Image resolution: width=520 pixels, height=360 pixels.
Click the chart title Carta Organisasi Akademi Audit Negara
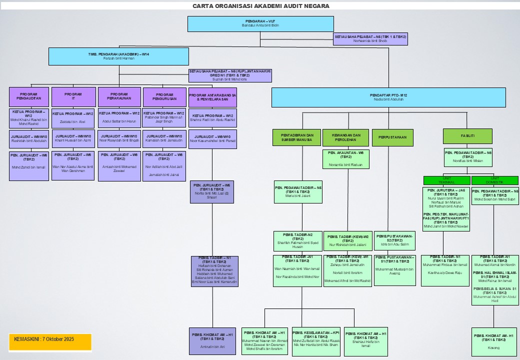[x=261, y=6]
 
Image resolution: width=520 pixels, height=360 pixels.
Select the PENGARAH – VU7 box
[x=260, y=23]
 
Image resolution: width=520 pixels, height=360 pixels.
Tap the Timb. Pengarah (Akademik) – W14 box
[x=118, y=56]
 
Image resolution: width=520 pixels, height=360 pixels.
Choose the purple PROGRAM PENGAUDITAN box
[x=29, y=96]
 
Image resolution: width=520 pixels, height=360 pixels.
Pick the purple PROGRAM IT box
[x=73, y=96]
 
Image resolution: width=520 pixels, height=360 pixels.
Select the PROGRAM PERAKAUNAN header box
[x=119, y=96]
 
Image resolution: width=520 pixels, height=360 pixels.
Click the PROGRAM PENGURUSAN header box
[x=164, y=96]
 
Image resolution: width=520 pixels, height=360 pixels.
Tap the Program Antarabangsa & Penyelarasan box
[x=212, y=96]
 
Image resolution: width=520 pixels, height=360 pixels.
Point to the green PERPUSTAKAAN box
[x=392, y=137]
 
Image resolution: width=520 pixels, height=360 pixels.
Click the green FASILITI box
[x=467, y=136]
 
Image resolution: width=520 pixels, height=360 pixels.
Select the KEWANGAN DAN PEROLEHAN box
[x=345, y=137]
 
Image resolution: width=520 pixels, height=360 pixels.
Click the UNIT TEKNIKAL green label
[x=446, y=180]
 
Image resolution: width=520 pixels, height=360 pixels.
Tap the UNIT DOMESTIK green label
[x=495, y=180]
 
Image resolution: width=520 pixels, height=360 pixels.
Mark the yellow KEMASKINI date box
[x=50, y=342]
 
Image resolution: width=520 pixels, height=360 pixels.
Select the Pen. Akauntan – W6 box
[x=345, y=158]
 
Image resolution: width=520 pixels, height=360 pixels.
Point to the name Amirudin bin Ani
[x=212, y=346]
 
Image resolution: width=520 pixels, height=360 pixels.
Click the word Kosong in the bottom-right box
[x=494, y=346]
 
